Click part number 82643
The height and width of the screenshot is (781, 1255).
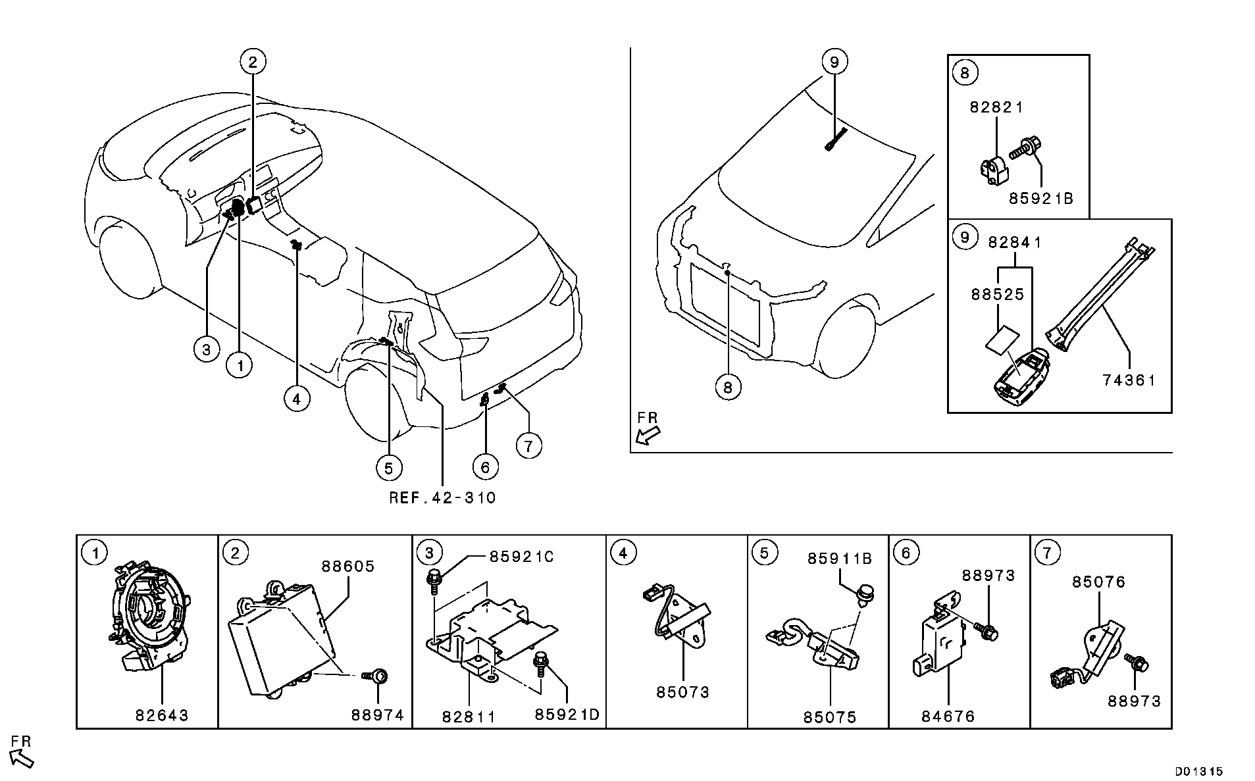tap(162, 715)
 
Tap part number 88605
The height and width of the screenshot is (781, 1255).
tap(348, 566)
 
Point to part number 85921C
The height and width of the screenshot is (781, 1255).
tap(521, 557)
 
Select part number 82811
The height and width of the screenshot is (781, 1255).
tap(468, 716)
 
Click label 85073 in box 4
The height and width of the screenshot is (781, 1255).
tap(682, 692)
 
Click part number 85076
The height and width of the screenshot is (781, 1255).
tap(1098, 582)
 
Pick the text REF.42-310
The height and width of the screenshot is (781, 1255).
tap(442, 498)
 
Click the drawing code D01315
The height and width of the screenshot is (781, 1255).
tap(1200, 770)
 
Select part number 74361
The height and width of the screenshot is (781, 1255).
tap(1129, 380)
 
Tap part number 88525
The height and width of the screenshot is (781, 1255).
tap(998, 294)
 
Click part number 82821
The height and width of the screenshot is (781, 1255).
tap(996, 107)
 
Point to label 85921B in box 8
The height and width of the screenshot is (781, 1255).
tap(1041, 197)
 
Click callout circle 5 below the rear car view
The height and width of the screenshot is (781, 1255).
tap(388, 468)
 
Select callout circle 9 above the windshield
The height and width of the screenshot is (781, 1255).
tap(834, 62)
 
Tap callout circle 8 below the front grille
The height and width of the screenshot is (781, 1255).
tap(727, 387)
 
